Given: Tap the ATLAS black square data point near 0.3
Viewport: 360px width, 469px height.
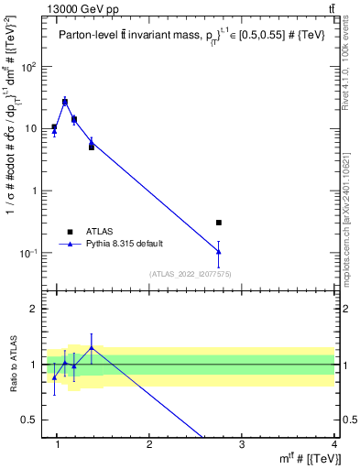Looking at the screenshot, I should pyautogui.click(x=218, y=223).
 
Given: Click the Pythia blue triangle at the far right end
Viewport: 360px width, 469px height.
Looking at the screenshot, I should pyautogui.click(x=218, y=251).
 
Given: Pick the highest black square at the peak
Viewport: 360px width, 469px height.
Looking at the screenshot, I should pyautogui.click(x=65, y=102).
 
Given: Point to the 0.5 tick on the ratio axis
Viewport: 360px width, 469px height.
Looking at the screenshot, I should pyautogui.click(x=29, y=420).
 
